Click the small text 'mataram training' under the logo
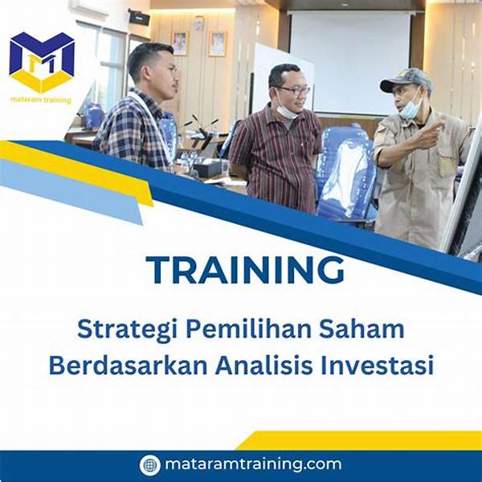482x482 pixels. coord(41,100)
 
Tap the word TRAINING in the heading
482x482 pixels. coord(245,270)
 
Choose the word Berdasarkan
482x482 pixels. coord(129,365)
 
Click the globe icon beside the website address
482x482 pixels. coord(149,464)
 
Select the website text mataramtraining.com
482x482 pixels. coord(252,464)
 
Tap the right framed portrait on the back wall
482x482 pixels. coord(217,43)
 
